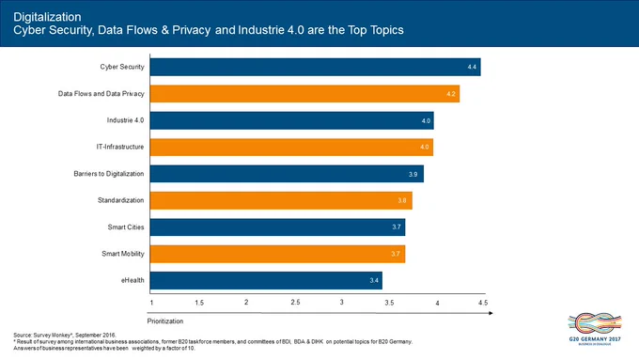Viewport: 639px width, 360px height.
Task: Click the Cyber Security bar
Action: pos(315,67)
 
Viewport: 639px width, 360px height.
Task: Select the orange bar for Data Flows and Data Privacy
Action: pos(304,94)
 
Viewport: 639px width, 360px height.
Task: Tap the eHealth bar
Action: pos(266,280)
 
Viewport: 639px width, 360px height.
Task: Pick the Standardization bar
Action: pos(281,200)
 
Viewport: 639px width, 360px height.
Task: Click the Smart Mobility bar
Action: pos(277,254)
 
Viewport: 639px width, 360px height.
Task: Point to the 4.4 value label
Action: pos(472,67)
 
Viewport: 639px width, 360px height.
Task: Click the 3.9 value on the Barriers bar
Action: pos(413,174)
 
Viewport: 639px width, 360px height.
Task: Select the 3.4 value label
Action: pos(374,280)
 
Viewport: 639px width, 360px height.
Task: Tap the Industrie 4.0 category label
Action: pos(126,120)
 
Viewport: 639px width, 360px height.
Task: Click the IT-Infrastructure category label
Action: pos(120,147)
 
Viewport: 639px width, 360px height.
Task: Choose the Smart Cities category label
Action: pos(126,227)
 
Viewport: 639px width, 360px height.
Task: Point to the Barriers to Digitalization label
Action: pos(109,174)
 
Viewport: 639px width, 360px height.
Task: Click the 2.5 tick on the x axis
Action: pos(295,302)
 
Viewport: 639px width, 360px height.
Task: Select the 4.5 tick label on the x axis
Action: pos(483,303)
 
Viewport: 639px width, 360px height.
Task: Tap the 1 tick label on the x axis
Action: pos(151,303)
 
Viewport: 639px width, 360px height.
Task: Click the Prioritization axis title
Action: pos(165,321)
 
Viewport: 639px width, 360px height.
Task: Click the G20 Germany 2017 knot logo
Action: pos(595,323)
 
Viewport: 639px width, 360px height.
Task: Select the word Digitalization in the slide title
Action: pos(47,17)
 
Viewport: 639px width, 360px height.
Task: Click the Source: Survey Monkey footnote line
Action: pos(65,336)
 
